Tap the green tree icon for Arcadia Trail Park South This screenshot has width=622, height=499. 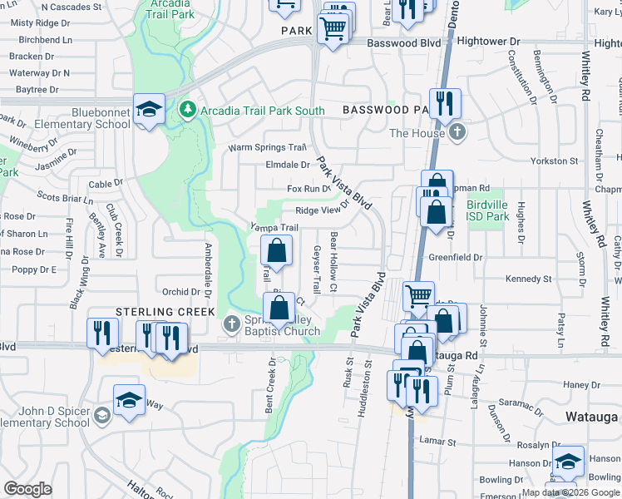point(189,109)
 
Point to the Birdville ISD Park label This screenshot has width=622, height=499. point(487,210)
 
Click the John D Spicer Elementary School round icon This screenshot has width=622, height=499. point(101,416)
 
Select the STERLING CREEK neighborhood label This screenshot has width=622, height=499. point(165,311)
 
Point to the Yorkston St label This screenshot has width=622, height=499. point(556,161)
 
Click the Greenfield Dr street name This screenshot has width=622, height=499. point(456,258)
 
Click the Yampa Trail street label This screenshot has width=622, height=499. point(274,228)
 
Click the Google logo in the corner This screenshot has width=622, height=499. point(27,489)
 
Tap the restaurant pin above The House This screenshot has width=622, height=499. point(447,103)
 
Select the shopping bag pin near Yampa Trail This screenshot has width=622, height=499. point(277,249)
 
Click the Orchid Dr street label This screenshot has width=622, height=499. point(180,292)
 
